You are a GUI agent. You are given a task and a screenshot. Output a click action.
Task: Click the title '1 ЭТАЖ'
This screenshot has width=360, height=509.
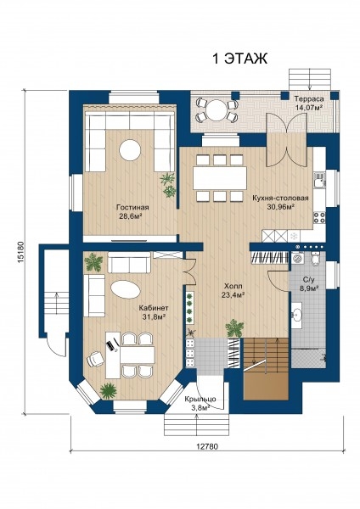pyautogui.click(x=239, y=59)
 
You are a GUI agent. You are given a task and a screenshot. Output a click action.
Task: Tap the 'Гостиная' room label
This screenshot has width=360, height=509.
pyautogui.click(x=132, y=208)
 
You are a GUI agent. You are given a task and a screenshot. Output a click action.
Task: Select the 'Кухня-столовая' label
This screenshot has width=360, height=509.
pyautogui.click(x=280, y=198)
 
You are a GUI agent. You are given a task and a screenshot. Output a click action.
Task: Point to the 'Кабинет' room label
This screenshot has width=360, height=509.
pyautogui.click(x=154, y=308)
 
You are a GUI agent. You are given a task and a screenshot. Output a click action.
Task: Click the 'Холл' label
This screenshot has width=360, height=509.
pyautogui.click(x=233, y=287)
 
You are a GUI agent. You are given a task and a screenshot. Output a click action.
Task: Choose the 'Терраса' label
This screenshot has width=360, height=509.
pyautogui.click(x=309, y=99)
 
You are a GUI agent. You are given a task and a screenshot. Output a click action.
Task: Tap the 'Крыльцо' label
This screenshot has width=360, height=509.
pyautogui.click(x=200, y=400)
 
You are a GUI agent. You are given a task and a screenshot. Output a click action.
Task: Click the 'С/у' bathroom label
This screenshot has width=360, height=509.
pyautogui.click(x=308, y=279)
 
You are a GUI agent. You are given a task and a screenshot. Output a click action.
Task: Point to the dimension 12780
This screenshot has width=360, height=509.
pyautogui.click(x=207, y=446)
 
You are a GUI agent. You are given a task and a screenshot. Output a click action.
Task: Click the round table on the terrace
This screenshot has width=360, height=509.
pyautogui.click(x=217, y=110)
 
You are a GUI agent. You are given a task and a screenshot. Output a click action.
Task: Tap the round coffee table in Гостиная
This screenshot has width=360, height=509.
pyautogui.click(x=130, y=150)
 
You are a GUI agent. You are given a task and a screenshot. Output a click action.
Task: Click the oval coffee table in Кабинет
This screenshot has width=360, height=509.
pyautogui.click(x=126, y=289)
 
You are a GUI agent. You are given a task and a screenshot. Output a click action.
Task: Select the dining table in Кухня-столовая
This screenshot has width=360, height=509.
pyautogui.click(x=220, y=178)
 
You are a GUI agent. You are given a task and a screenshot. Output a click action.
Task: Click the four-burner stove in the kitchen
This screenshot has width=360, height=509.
pyautogui.click(x=319, y=217)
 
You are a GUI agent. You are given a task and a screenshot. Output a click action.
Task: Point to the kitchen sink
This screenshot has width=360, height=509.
pyautogui.click(x=320, y=180)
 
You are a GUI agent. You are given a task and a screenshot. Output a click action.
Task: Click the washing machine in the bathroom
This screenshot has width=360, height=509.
pyautogui.click(x=298, y=259)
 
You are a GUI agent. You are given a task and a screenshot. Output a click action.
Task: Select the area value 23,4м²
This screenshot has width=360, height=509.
pyautogui.click(x=233, y=295)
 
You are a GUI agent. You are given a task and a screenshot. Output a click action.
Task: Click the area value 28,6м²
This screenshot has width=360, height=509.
pyautogui.click(x=132, y=216)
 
